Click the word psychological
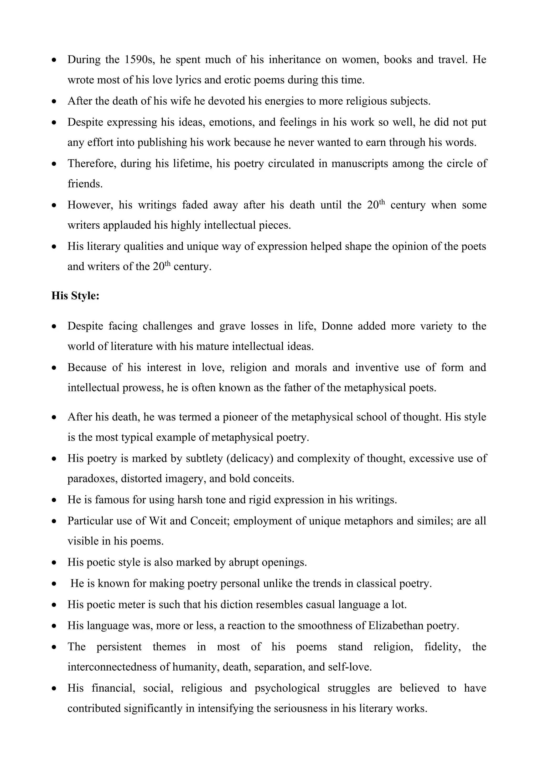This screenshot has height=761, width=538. click(287, 688)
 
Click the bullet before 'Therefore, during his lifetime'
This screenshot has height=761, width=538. click(54, 164)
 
